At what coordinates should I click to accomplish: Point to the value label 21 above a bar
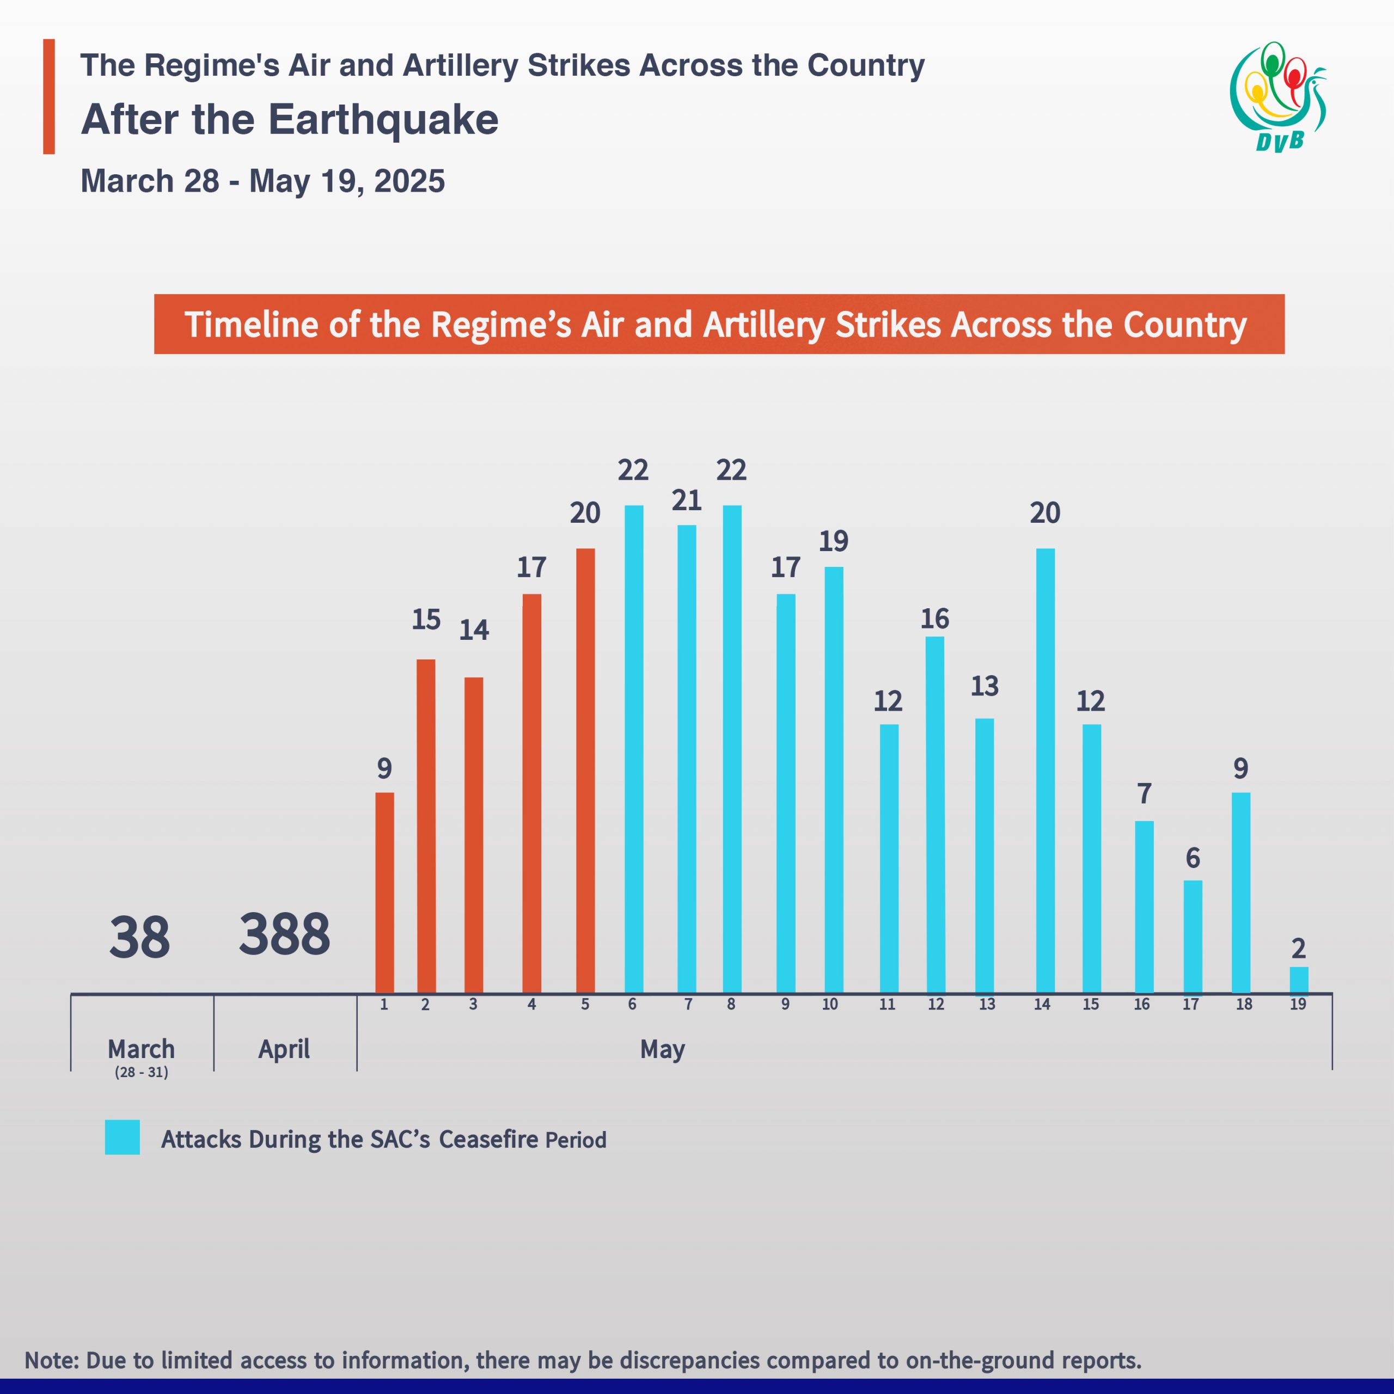coord(686,500)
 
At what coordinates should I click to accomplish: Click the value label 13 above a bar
coord(984,686)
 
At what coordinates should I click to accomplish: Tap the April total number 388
coord(284,934)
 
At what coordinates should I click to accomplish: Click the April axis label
coord(284,1049)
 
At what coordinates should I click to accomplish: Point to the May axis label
coord(662,1049)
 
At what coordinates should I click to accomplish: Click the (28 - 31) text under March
coord(142,1072)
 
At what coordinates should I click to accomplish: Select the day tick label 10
coord(830,1004)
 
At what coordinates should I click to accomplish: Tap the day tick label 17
coord(1190,1004)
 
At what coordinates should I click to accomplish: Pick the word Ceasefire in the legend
coord(488,1139)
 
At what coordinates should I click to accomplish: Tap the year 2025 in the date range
coord(409,181)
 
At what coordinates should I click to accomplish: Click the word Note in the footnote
coord(51,1360)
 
